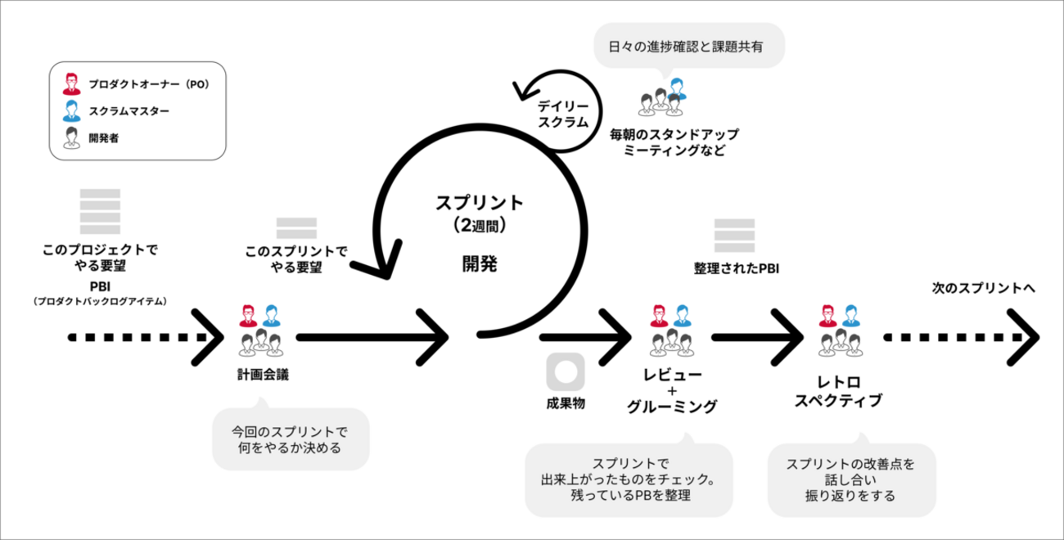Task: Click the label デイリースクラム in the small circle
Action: [562, 114]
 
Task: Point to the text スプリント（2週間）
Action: [480, 211]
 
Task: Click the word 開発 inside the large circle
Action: [479, 263]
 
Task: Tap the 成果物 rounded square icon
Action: [565, 372]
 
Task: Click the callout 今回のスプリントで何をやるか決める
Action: [290, 439]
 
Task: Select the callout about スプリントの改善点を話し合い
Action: [850, 479]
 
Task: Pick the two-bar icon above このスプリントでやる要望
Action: [296, 228]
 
